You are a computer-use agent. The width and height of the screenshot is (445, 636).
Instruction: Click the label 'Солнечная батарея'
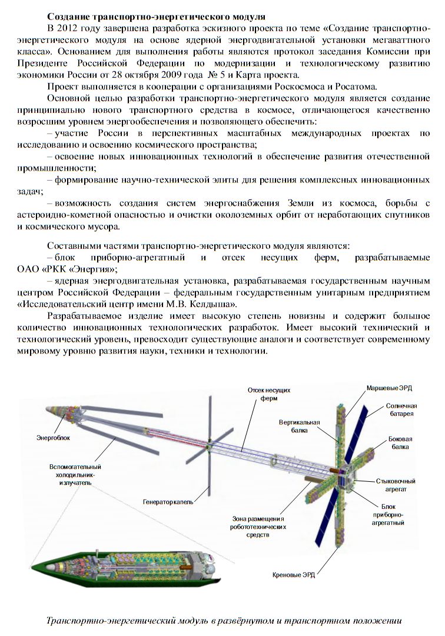pos(401,409)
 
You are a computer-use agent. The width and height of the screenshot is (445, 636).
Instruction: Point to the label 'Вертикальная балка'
pos(299,427)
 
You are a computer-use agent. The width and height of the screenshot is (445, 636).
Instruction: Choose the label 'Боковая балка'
pos(400,442)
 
